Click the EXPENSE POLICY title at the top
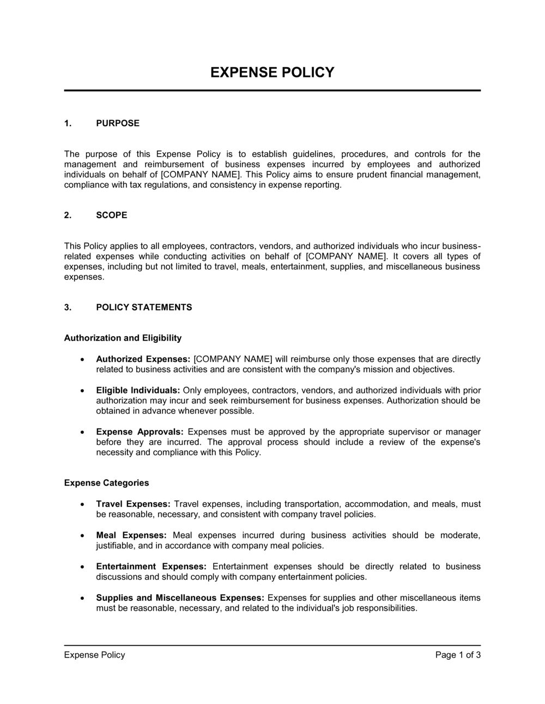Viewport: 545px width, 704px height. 272,73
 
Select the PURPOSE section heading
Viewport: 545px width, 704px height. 118,123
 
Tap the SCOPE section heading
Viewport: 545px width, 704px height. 112,215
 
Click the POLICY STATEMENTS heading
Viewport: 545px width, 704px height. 144,307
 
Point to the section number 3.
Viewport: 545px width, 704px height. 68,307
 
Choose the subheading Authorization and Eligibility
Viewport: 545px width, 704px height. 123,338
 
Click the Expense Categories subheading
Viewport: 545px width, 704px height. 106,483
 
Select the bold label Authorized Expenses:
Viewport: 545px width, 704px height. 143,359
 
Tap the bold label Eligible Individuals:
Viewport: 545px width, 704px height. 138,390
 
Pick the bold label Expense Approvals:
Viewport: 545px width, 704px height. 140,432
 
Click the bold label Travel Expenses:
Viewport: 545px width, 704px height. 134,504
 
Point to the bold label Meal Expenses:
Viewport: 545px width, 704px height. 131,535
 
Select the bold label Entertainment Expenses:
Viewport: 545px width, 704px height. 151,566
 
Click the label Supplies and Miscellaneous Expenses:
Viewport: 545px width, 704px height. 180,598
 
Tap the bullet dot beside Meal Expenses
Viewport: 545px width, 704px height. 82,536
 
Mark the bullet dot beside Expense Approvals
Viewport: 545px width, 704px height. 82,432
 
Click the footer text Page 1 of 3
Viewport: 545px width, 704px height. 458,655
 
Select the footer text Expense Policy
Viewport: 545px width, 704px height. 94,655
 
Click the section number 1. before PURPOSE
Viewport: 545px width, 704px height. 68,123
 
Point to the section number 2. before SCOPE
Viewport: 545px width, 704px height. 68,215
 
